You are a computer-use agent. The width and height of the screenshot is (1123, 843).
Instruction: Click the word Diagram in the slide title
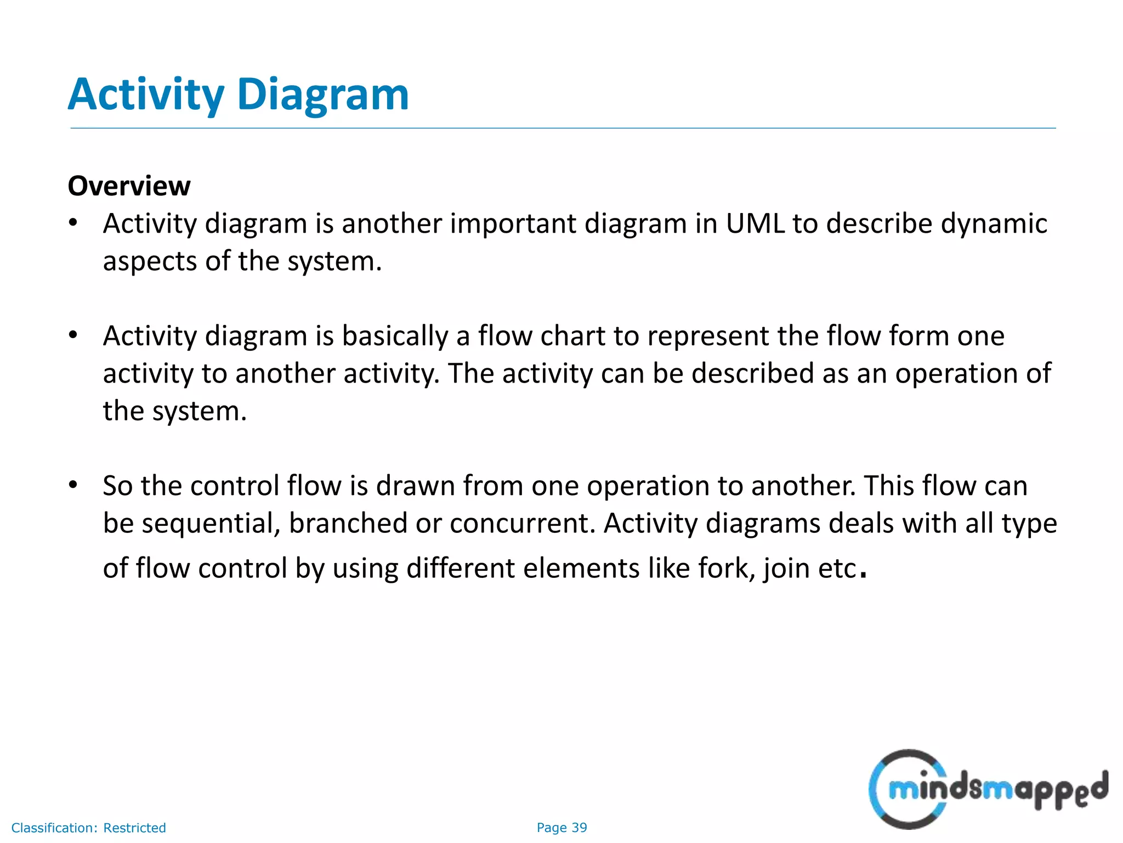[x=323, y=94]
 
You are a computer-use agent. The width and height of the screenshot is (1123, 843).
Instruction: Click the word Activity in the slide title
[x=146, y=94]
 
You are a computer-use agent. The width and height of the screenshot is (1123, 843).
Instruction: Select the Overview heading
[x=129, y=186]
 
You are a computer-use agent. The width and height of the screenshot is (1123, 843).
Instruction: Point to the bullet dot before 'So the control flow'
[x=73, y=485]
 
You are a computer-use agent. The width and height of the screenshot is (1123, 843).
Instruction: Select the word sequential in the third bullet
[x=211, y=524]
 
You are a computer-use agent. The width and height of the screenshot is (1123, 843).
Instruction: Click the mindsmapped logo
[x=988, y=789]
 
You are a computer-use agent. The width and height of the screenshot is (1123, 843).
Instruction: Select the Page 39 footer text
[x=561, y=828]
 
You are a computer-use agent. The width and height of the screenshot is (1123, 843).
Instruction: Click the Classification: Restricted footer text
[x=88, y=828]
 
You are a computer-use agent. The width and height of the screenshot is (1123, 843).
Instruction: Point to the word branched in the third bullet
[x=348, y=524]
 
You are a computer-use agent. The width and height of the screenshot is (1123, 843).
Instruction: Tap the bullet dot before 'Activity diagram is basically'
[x=73, y=335]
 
